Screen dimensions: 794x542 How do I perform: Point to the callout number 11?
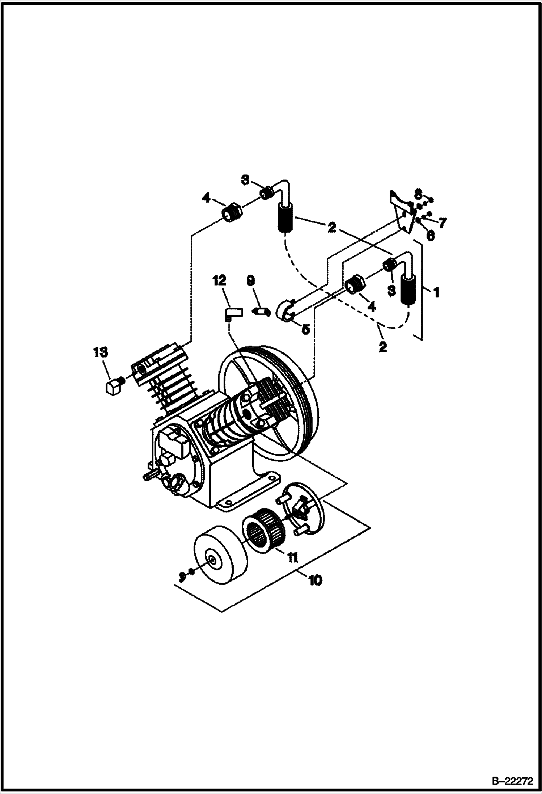pos(292,558)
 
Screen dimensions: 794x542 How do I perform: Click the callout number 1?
pos(436,292)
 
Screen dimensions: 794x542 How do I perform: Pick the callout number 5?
pos(306,329)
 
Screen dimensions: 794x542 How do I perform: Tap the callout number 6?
pos(430,235)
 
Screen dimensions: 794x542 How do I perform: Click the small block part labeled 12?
pos(233,312)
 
